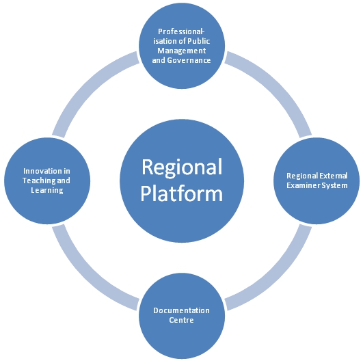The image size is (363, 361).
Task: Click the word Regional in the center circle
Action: point(182,168)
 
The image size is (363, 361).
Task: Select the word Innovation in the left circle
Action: point(40,171)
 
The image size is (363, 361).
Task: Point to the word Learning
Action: point(47,190)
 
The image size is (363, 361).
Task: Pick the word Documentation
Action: point(181,310)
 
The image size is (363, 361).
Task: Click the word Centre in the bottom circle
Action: point(181,320)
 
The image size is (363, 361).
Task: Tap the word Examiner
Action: point(301,185)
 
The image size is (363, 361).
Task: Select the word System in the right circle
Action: point(332,186)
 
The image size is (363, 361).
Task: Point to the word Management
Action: point(182,51)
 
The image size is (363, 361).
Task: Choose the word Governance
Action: point(189,60)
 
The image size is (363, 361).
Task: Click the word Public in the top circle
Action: point(199,41)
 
